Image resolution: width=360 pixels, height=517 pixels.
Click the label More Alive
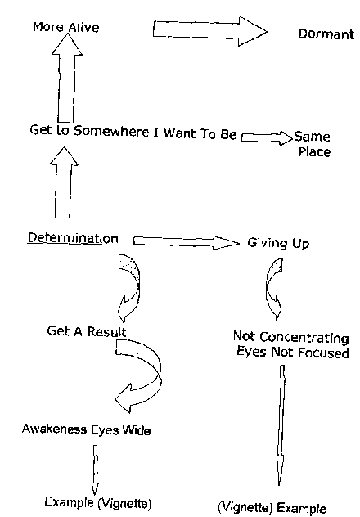click(66, 27)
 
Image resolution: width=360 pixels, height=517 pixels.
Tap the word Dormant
click(326, 34)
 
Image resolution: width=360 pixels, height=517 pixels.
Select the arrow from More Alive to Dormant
click(210, 31)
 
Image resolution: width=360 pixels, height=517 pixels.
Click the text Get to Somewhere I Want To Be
click(133, 133)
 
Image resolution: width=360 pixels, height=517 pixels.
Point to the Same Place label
click(313, 144)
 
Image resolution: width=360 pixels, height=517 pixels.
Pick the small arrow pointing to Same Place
click(267, 137)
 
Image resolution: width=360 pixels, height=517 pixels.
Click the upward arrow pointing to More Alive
click(67, 78)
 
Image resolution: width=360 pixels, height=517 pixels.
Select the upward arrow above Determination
click(64, 182)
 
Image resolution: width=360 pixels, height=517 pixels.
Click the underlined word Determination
click(73, 238)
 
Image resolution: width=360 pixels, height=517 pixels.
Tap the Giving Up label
click(278, 243)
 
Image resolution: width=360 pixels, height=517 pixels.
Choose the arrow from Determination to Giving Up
click(187, 242)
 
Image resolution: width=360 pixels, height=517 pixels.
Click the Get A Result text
click(87, 331)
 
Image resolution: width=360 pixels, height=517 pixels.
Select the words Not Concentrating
click(290, 337)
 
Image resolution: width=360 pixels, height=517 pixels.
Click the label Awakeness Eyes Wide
click(87, 429)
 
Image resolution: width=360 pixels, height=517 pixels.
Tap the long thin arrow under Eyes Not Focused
click(281, 425)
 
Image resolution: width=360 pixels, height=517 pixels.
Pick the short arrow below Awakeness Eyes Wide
click(95, 470)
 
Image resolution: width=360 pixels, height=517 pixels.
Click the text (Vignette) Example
click(272, 507)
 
